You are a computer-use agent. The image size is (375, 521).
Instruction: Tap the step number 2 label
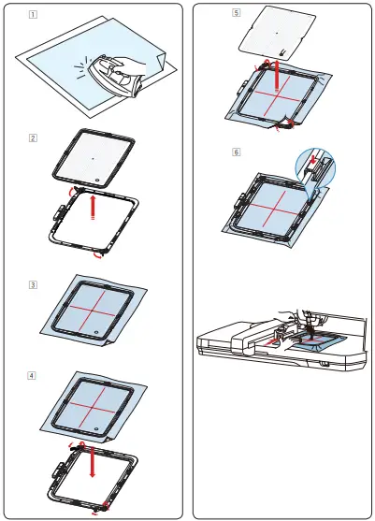tap(33, 137)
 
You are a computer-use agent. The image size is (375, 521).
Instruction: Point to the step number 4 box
tap(33, 375)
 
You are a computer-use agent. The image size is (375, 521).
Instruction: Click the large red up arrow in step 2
tap(92, 206)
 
